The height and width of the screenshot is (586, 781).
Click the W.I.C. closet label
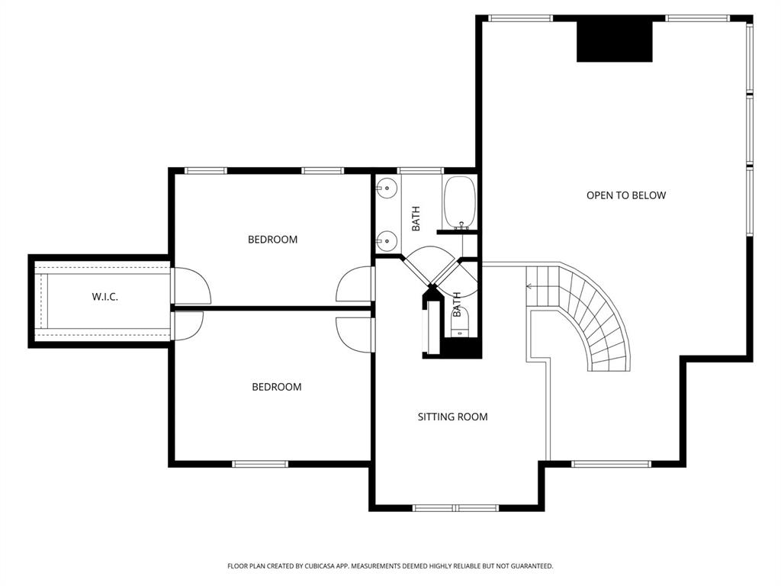point(104,297)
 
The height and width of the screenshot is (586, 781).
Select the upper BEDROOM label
point(272,240)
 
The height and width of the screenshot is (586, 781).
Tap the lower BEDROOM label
point(276,387)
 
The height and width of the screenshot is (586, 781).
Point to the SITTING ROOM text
point(452,417)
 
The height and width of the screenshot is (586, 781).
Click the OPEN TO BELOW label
point(625,195)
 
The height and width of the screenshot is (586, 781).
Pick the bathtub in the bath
point(460,202)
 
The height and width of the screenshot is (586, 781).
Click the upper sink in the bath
point(387,187)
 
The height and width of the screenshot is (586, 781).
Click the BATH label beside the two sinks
point(416,219)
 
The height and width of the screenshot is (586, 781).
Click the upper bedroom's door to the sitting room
point(354,285)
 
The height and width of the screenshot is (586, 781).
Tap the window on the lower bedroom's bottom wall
point(260,464)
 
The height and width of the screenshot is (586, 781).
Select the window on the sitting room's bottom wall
point(455,507)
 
